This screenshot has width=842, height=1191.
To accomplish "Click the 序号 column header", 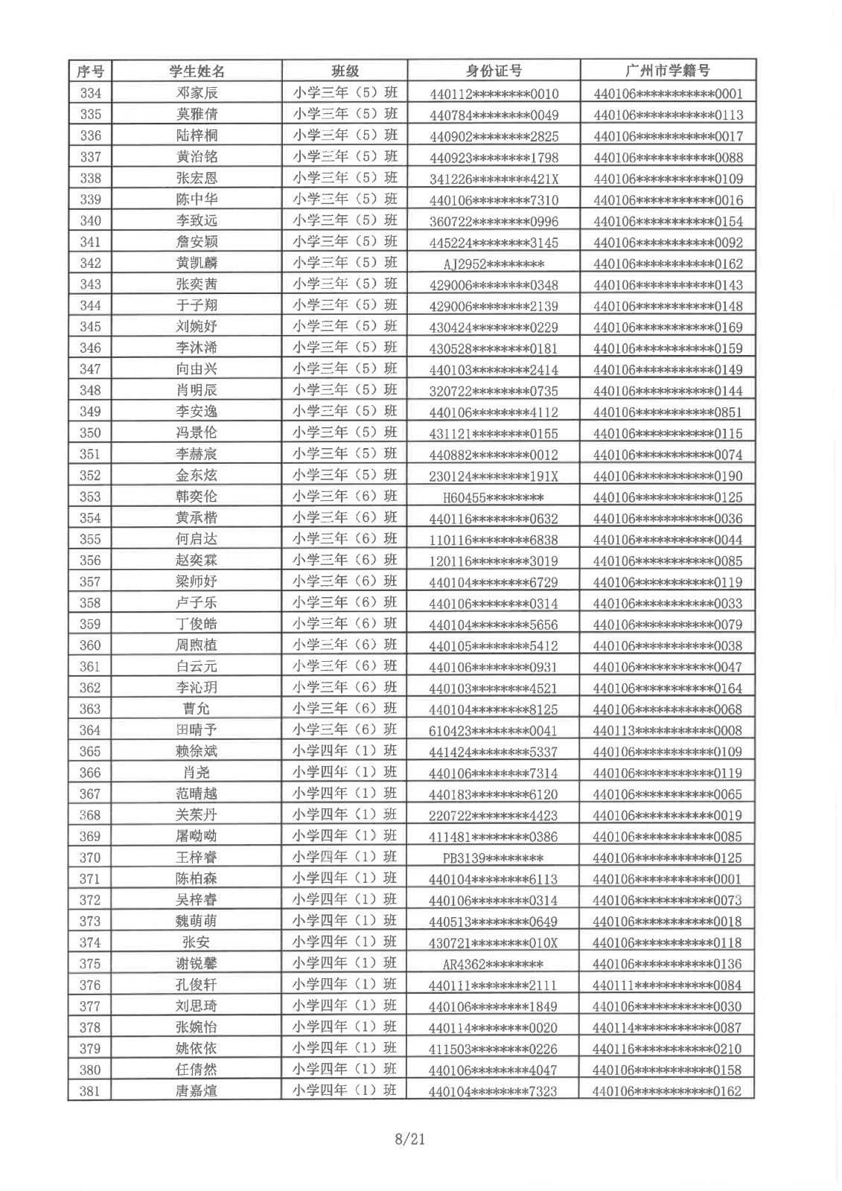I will point(90,71).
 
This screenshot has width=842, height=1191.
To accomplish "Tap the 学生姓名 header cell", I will point(197,71).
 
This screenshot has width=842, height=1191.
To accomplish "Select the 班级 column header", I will point(345,71).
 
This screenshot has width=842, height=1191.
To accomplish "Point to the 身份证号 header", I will point(494,71).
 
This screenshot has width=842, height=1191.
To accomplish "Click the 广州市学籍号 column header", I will point(668,71).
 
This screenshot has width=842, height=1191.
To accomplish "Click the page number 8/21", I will point(410,1139).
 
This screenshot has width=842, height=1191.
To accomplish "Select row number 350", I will point(90,433).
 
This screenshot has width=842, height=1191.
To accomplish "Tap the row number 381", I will point(90,1091).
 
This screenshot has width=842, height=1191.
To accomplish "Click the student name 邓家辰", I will point(197,93).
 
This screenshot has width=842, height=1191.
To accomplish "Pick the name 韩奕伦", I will point(197,496).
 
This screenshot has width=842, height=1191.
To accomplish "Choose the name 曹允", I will point(197,709).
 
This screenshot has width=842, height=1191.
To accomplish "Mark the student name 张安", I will point(197,942).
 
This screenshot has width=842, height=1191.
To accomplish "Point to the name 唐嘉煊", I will point(197,1091).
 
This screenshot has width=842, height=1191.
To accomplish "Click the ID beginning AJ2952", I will point(494,264).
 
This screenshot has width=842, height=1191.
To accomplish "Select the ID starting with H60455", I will point(493,498).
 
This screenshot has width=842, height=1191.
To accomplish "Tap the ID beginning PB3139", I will point(493,858).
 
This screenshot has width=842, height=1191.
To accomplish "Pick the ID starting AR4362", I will point(493,965).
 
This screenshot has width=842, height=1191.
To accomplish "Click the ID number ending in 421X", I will point(494,179).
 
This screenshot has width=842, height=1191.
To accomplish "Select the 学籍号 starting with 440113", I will point(668,731).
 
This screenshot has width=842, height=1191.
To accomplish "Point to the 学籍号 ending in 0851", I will point(668,412).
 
